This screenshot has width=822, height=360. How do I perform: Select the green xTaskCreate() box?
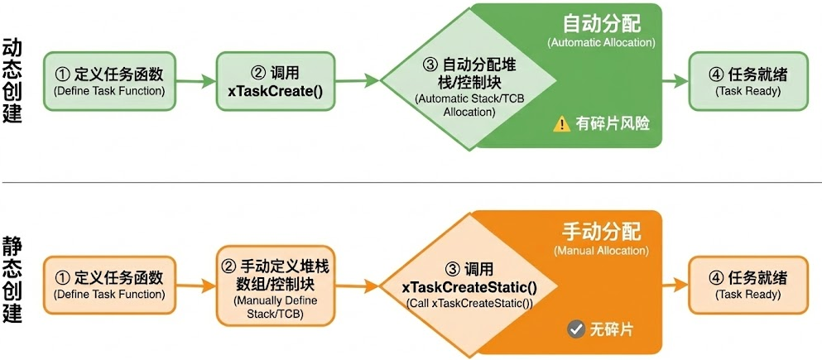pos(275,81)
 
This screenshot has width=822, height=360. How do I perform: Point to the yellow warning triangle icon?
pos(562,124)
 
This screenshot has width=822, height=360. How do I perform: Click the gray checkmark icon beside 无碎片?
pos(576,329)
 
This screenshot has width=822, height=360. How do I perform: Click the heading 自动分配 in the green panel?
pos(601,22)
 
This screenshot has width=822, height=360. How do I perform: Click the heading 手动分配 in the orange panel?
pos(601,230)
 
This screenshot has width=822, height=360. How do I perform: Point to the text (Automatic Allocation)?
pos(601,42)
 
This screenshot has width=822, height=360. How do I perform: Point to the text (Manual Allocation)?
pos(601,250)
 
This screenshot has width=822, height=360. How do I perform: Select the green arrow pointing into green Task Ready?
pos(675,81)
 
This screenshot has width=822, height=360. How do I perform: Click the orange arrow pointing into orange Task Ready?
pos(675,284)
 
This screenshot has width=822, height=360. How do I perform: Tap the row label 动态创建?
pos(12,80)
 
